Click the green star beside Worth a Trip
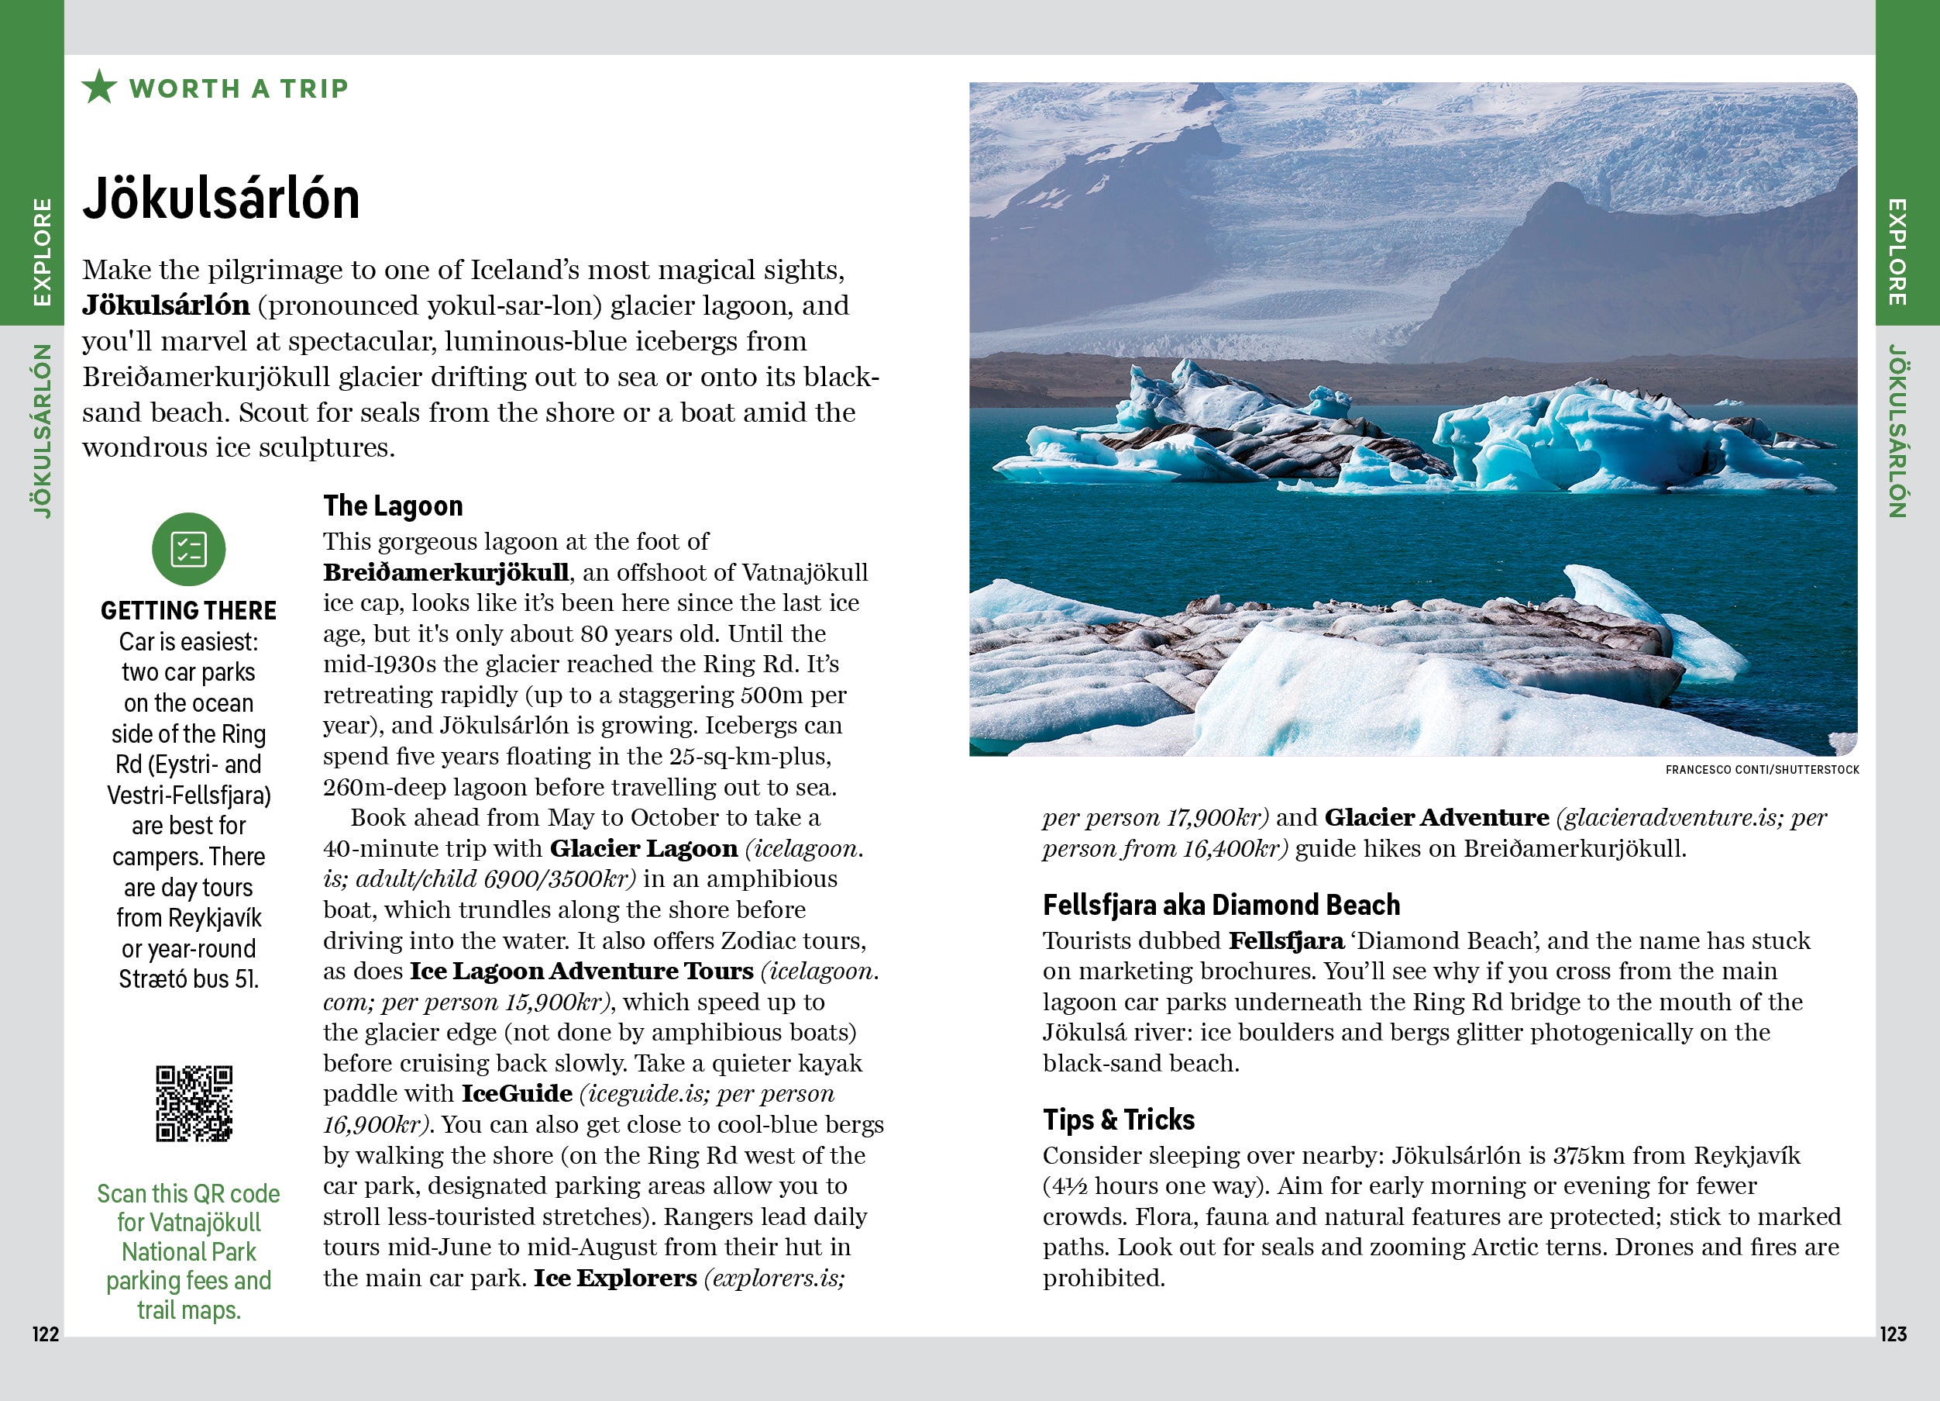[99, 88]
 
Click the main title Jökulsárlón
[221, 198]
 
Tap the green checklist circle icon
[188, 550]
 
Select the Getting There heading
[188, 610]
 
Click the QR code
[194, 1103]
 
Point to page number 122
[46, 1334]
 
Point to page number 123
[1893, 1334]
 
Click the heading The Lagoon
[393, 506]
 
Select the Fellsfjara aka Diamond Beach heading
[1220, 905]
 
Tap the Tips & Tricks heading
[1118, 1120]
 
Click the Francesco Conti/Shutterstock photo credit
[1762, 769]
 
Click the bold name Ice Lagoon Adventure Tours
[581, 971]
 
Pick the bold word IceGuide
[517, 1094]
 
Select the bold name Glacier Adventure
[1436, 818]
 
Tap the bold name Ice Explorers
[614, 1278]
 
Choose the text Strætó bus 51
[188, 979]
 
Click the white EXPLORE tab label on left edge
[41, 252]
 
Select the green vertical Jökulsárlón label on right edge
[1897, 430]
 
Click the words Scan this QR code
[188, 1194]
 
